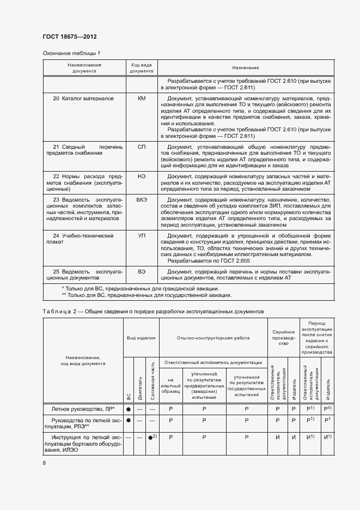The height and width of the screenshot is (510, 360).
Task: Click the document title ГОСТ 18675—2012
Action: pyautogui.click(x=70, y=37)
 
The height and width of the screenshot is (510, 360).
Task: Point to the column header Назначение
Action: pyautogui.click(x=245, y=68)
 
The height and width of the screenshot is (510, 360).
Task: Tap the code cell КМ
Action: pyautogui.click(x=142, y=99)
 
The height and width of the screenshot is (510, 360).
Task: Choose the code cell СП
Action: pyautogui.click(x=142, y=147)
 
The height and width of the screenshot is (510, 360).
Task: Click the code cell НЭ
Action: pyautogui.click(x=142, y=177)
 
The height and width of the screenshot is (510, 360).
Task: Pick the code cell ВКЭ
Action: pyautogui.click(x=142, y=200)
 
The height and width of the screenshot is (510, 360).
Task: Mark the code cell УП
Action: pyautogui.click(x=142, y=236)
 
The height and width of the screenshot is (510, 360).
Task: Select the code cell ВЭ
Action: pyautogui.click(x=142, y=271)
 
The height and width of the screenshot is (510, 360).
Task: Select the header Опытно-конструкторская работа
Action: pyautogui.click(x=213, y=338)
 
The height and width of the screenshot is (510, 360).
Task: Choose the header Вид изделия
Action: pyautogui.click(x=141, y=338)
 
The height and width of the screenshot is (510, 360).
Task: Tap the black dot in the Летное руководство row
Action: pyautogui.click(x=129, y=408)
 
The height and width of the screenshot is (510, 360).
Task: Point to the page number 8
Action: pyautogui.click(x=44, y=463)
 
